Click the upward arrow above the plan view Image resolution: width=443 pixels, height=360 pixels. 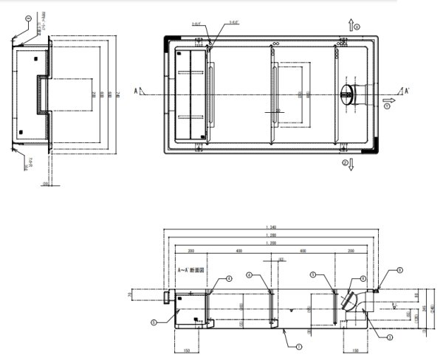(x=351, y=27)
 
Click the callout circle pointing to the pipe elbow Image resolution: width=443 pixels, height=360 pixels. (x=363, y=279)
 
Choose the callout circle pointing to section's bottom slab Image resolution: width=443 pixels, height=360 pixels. (x=299, y=345)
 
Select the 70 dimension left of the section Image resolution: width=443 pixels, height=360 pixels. (x=128, y=294)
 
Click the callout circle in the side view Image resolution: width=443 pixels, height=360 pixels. (x=28, y=18)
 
